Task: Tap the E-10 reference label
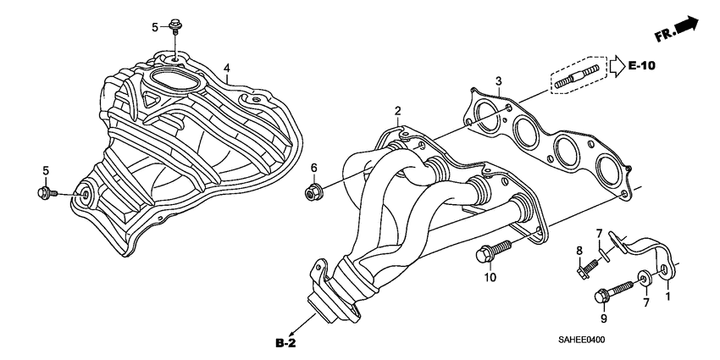click(642, 65)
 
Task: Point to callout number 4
click(226, 67)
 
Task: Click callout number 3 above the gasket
click(500, 80)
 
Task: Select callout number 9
click(604, 318)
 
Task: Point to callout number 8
click(580, 250)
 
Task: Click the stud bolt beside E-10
click(579, 74)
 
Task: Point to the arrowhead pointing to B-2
click(292, 333)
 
